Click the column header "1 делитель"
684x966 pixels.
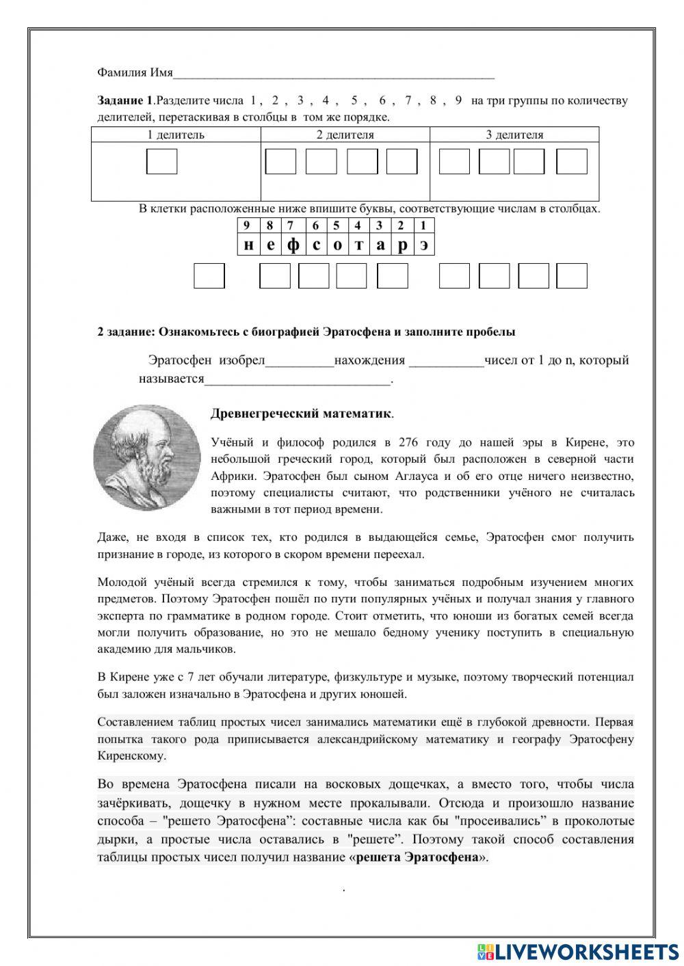click(x=176, y=135)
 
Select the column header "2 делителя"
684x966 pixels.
click(x=345, y=135)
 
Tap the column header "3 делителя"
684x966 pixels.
click(x=514, y=135)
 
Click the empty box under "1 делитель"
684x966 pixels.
click(x=162, y=162)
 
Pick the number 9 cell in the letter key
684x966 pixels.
click(x=247, y=225)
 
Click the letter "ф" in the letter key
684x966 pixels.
click(x=293, y=245)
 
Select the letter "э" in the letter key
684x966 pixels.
click(x=424, y=245)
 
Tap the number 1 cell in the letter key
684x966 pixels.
click(x=423, y=225)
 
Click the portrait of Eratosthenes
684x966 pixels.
click(x=146, y=457)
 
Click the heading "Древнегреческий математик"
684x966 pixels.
click(x=302, y=414)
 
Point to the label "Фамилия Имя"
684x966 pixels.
click(x=135, y=72)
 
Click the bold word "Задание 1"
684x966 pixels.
click(x=125, y=100)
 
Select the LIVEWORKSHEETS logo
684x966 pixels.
click(x=578, y=951)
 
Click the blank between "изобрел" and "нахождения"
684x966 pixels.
click(x=299, y=361)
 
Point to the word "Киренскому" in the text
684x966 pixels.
click(x=131, y=756)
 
